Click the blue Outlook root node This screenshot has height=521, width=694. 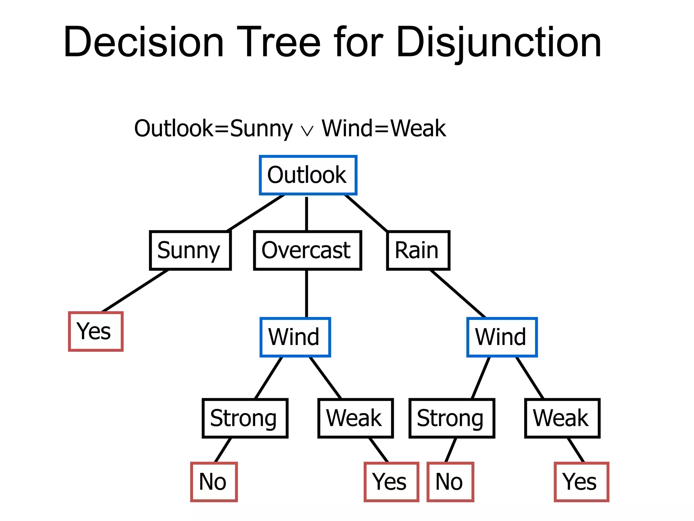tap(308, 175)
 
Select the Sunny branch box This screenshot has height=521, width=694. tap(190, 250)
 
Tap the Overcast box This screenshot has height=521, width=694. tap(307, 250)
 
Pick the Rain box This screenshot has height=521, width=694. tap(418, 250)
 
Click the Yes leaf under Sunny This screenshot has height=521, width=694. tap(96, 331)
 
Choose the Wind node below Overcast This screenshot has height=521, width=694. tap(295, 337)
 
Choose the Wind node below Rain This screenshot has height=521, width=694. tap(502, 337)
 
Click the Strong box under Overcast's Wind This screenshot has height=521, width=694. tap(245, 418)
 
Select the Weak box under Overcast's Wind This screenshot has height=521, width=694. tap(355, 418)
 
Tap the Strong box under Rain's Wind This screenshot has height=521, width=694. tap(452, 418)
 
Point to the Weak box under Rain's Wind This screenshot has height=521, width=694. tap(562, 418)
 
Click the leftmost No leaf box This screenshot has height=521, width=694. tap(214, 482)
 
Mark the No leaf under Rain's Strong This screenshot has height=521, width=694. tap(450, 482)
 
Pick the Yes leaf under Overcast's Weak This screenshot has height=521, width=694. tap(391, 482)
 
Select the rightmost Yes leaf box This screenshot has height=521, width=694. tap(581, 482)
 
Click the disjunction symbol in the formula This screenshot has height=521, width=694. tap(307, 131)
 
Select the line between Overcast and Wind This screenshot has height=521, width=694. tap(307, 294)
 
